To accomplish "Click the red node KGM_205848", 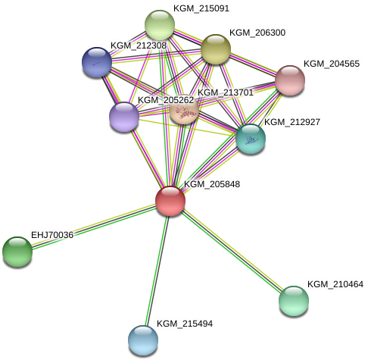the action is (170, 201).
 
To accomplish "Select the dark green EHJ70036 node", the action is (17, 252).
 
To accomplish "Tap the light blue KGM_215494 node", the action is (143, 340).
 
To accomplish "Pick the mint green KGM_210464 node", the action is (294, 301).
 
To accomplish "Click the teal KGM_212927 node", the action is (251, 139).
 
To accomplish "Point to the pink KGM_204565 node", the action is (290, 80).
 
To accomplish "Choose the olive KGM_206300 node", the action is (216, 49).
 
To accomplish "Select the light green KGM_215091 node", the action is (160, 25).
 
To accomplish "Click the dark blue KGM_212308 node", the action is (97, 62).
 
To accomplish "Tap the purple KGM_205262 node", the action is (124, 117).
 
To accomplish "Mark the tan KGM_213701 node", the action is (184, 110).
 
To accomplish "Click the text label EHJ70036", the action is (52, 235).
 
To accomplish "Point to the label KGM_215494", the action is (185, 324).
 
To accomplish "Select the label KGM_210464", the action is (335, 284).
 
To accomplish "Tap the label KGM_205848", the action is (212, 184).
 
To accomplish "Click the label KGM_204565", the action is (332, 64).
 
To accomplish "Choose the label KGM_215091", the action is (201, 8).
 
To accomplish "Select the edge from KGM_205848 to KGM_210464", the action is (232, 251).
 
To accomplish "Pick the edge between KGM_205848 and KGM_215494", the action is (157, 271).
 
